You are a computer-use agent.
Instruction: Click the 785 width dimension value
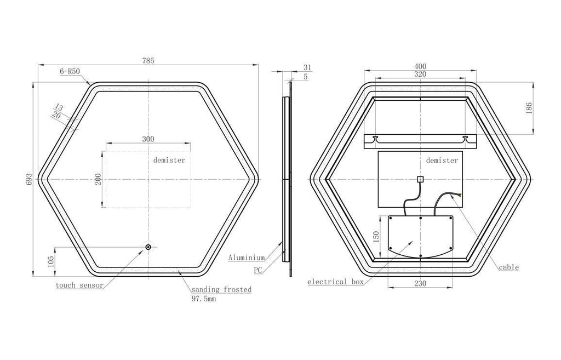click(x=148, y=61)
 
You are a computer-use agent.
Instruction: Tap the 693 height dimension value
click(x=30, y=179)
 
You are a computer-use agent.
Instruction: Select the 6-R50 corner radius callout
click(x=70, y=71)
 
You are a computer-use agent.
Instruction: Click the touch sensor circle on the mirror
click(x=148, y=247)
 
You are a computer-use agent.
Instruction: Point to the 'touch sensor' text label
click(x=79, y=285)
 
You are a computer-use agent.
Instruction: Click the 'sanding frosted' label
click(x=221, y=289)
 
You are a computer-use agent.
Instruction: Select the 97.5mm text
click(x=204, y=299)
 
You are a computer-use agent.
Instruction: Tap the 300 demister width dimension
click(x=148, y=139)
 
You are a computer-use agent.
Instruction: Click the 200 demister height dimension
click(x=98, y=179)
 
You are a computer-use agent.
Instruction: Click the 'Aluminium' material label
click(x=247, y=258)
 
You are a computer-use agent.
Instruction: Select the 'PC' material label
click(x=258, y=270)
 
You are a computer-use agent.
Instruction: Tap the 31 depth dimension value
click(x=307, y=67)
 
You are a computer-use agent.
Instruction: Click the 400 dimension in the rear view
click(x=420, y=66)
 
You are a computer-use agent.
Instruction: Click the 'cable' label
click(x=509, y=267)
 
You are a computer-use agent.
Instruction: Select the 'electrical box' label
click(x=336, y=282)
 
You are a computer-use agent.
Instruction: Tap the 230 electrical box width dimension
click(x=420, y=284)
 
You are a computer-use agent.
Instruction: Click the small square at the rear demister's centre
click(x=421, y=179)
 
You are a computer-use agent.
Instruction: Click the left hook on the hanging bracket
click(x=375, y=138)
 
